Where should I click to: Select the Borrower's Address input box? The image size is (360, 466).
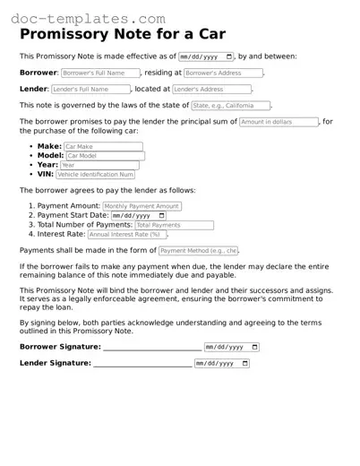tap(224, 73)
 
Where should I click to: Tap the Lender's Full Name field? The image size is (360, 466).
tap(90, 90)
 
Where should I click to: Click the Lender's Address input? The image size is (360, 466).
tap(211, 90)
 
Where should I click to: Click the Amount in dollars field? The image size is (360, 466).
tap(278, 122)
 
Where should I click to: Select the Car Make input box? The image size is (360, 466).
tap(102, 146)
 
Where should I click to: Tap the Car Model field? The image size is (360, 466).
tap(105, 156)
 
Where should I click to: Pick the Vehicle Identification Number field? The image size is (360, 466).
tap(101, 176)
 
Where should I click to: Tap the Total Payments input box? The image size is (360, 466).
tap(174, 226)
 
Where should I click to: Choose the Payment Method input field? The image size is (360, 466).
tap(198, 251)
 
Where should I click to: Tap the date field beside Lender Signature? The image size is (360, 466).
tap(221, 364)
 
